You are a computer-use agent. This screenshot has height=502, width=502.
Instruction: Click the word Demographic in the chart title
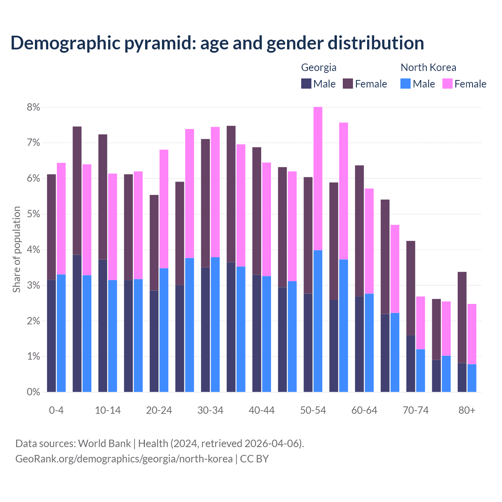[65, 43]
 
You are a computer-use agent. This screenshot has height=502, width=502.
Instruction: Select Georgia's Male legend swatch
[306, 84]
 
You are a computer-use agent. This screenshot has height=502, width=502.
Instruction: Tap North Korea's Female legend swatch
[447, 84]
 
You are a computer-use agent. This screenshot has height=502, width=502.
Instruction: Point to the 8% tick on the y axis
[33, 107]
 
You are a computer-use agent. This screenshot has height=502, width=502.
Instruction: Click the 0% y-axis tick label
[33, 392]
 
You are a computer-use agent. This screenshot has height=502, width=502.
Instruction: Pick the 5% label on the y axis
[33, 214]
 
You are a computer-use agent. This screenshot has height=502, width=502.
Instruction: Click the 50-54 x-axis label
[313, 411]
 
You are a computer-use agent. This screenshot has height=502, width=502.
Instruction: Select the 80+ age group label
[467, 411]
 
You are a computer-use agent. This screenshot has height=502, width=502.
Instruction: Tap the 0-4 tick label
[56, 411]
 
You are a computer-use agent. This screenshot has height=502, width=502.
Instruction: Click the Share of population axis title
[16, 249]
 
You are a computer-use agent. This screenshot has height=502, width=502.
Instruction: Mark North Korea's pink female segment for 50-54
[318, 178]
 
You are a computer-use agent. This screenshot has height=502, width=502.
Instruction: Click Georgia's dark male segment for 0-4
[51, 336]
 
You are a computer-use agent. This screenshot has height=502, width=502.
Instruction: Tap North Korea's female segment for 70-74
[420, 323]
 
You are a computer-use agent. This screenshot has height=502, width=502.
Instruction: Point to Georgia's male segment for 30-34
[205, 329]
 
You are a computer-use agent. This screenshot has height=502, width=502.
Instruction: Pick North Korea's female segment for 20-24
[164, 209]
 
